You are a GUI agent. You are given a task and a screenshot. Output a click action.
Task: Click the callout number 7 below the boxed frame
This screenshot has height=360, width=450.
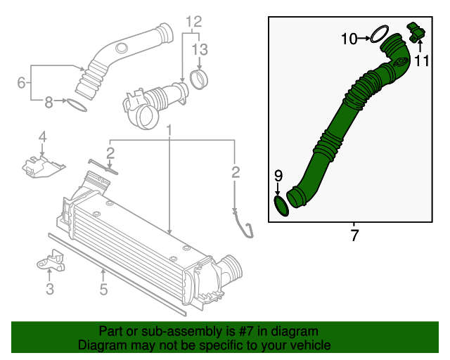click(x=354, y=236)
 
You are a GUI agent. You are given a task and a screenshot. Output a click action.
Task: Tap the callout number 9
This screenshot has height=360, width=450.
click(x=278, y=175)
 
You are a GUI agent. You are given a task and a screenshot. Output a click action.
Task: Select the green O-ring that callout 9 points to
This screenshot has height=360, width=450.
click(x=281, y=206)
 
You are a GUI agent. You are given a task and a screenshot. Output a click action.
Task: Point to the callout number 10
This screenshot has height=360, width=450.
click(x=349, y=39)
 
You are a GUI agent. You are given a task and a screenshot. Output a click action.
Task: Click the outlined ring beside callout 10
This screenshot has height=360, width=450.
click(x=380, y=34)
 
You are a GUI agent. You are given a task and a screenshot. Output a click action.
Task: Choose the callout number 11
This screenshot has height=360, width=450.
click(x=421, y=61)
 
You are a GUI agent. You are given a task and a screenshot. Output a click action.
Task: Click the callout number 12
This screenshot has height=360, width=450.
click(x=193, y=20)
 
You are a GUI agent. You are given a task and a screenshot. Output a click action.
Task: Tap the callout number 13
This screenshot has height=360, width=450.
click(x=200, y=49)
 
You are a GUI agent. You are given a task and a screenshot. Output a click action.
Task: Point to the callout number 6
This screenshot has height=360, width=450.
click(x=22, y=83)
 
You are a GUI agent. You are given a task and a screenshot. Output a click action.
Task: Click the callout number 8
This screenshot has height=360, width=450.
click(x=49, y=103)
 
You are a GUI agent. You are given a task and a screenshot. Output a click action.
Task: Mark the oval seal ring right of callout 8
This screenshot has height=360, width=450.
click(x=77, y=105)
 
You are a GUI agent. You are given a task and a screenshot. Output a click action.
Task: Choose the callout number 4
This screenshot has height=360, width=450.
click(x=42, y=136)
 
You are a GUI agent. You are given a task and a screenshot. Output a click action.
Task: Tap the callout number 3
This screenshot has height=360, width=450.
click(x=49, y=288)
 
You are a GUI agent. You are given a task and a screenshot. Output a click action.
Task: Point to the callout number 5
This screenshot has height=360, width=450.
click(x=103, y=288)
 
